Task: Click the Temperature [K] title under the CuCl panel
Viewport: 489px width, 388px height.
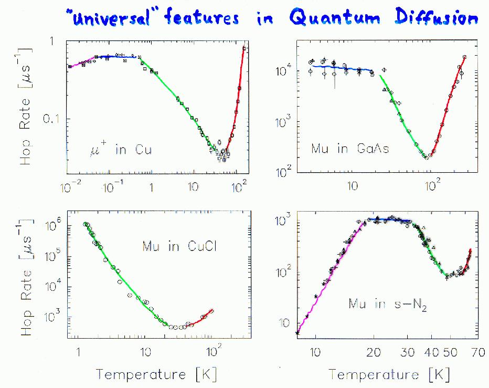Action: point(156,374)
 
